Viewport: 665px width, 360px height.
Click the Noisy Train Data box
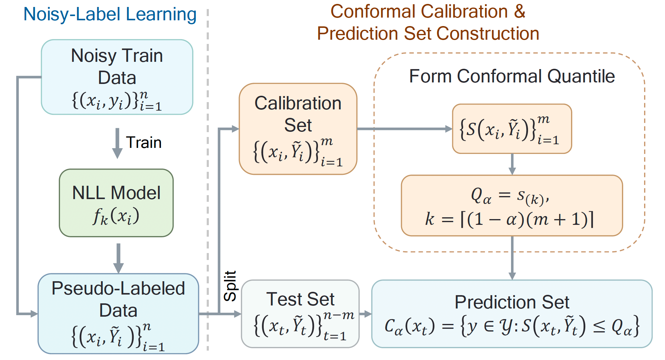[117, 77]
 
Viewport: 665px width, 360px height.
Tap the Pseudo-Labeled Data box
[118, 313]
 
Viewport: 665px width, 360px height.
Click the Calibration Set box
[298, 129]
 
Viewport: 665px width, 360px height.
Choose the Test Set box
[300, 313]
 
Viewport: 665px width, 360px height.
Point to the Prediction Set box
[512, 313]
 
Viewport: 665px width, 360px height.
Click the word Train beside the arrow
[144, 142]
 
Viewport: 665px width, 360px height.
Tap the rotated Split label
[230, 286]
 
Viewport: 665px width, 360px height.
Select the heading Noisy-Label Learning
[110, 14]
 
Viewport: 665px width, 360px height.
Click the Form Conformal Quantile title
[512, 76]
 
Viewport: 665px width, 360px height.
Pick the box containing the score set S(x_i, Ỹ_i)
[512, 129]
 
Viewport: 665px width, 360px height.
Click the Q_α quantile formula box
[512, 205]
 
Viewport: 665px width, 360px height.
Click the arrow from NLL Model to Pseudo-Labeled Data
[119, 258]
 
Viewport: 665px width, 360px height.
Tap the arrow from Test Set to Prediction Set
[366, 314]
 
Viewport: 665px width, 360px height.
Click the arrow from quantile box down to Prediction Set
[512, 258]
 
